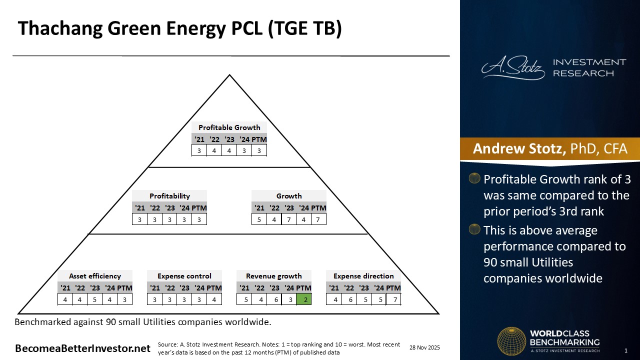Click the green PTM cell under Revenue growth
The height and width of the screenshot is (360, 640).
pos(303,299)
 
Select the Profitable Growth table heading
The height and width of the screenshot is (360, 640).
pos(229,127)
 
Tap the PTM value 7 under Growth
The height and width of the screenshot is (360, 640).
pos(318,219)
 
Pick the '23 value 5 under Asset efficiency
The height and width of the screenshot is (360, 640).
pos(95,299)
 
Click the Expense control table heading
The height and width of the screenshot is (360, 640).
pos(184,276)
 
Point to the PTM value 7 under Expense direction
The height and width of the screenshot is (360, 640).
pos(393,299)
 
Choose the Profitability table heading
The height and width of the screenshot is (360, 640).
pos(169,196)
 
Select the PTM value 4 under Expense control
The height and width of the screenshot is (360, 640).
pos(214,299)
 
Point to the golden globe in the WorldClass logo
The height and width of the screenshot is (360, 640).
pos(511,341)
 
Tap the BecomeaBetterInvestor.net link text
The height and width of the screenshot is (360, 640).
pos(82,348)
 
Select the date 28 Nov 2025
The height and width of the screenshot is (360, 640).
pos(425,347)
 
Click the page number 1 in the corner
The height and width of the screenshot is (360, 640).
pos(626,350)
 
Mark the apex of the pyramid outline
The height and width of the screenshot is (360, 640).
pos(229,75)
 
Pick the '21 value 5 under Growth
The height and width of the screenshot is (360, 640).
pos(259,219)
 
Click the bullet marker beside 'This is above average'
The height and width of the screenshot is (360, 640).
pos(474,229)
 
